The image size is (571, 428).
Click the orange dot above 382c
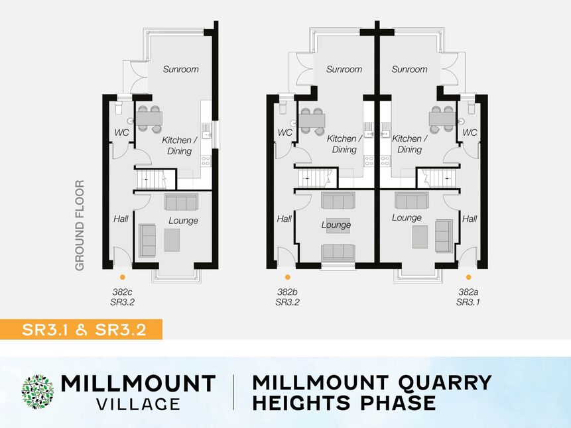coord(123,278)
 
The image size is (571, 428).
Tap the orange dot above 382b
coord(288,278)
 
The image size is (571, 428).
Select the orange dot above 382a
coord(468,278)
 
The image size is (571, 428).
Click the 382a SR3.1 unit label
coord(468,297)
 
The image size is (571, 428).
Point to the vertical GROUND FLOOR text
coord(80,226)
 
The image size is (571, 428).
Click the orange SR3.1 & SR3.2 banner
coord(81,329)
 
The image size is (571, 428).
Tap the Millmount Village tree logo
coord(38,392)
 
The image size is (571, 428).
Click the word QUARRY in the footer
coord(444,383)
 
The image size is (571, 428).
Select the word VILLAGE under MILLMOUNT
coord(138,404)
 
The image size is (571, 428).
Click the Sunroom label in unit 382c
coord(180,69)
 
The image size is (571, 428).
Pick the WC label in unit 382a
coord(470,133)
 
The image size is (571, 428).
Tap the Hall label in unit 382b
coord(284,219)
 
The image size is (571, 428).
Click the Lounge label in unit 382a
coord(407,217)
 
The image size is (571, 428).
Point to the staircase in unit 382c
coord(155,180)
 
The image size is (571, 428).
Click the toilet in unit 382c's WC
coord(118,108)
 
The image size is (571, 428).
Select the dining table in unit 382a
coord(442,119)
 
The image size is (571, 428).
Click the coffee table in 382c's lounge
coord(172,240)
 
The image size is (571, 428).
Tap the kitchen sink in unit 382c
coord(206,131)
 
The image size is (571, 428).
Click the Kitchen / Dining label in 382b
coord(344,144)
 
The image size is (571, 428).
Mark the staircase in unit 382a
coord(436,179)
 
